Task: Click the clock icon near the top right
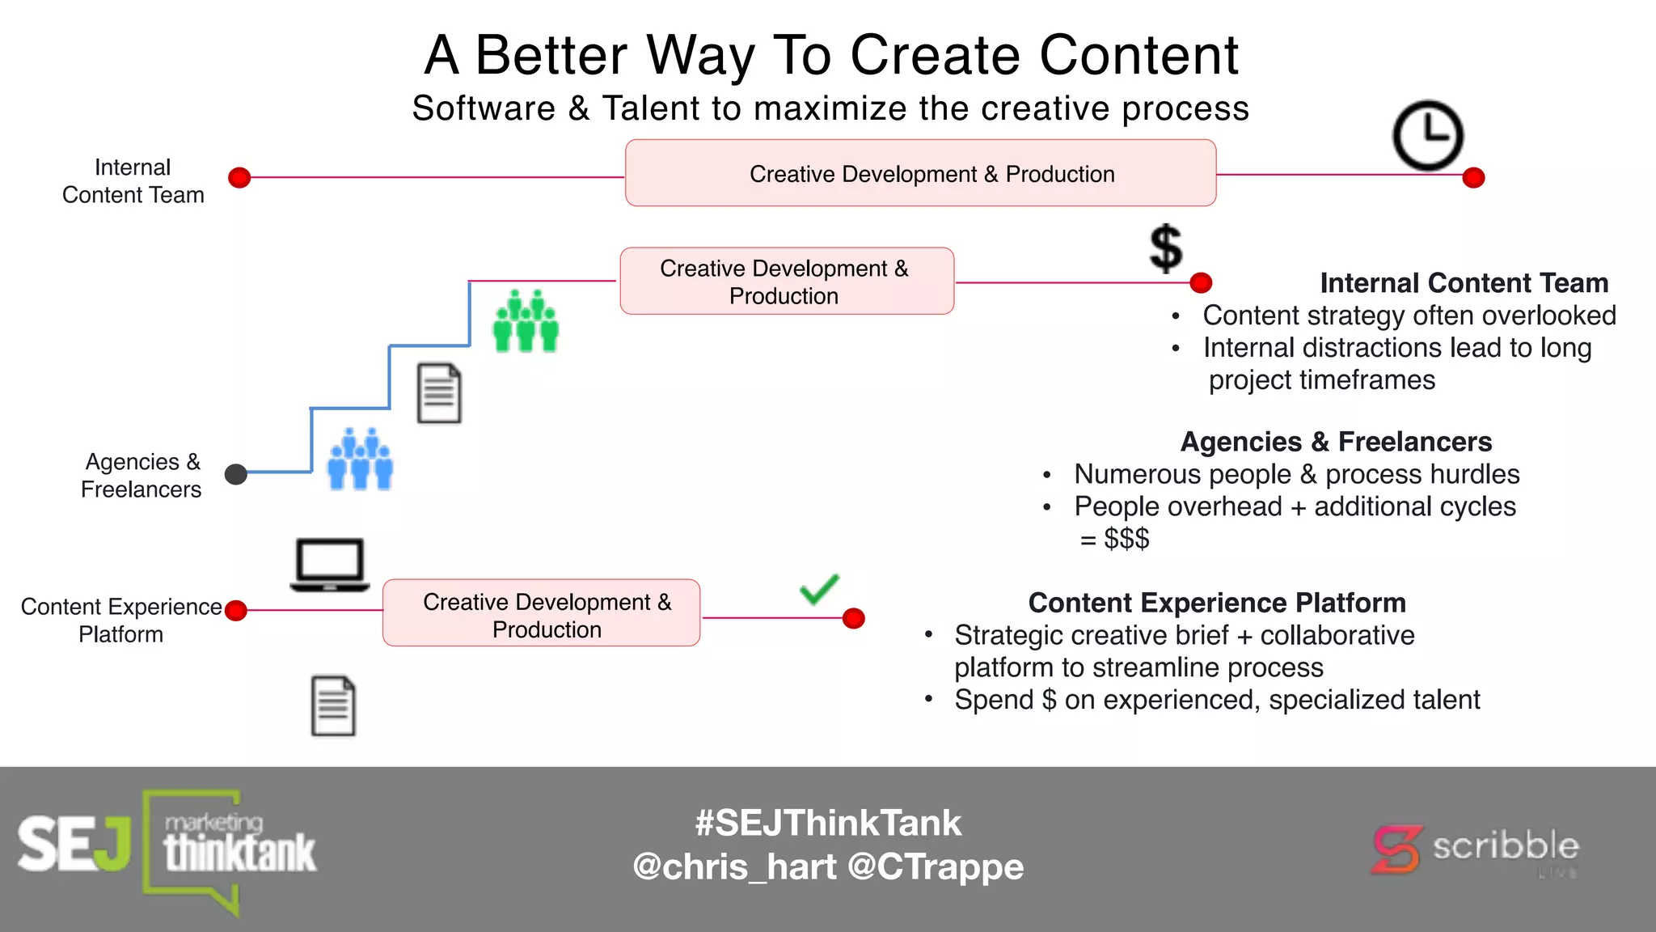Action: tap(1427, 135)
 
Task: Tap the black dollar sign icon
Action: tap(1165, 248)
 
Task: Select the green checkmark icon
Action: tap(819, 589)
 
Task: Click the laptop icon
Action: tap(330, 564)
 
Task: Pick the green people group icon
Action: tap(526, 321)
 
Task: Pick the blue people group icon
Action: tap(360, 460)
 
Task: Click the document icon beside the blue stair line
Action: tap(439, 393)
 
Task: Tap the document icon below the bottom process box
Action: tap(333, 705)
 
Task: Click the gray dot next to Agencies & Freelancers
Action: tap(235, 474)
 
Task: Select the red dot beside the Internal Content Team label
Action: tap(239, 177)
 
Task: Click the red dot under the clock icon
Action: tap(1473, 177)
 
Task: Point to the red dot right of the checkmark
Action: tap(853, 618)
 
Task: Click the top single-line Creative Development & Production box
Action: tap(920, 173)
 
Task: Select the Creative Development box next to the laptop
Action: tap(541, 612)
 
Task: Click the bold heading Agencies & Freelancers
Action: tap(1336, 442)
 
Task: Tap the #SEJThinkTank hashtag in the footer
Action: tap(828, 823)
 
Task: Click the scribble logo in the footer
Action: tap(1476, 848)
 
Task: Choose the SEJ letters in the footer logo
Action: tap(73, 844)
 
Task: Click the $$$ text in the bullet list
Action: tap(1126, 538)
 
